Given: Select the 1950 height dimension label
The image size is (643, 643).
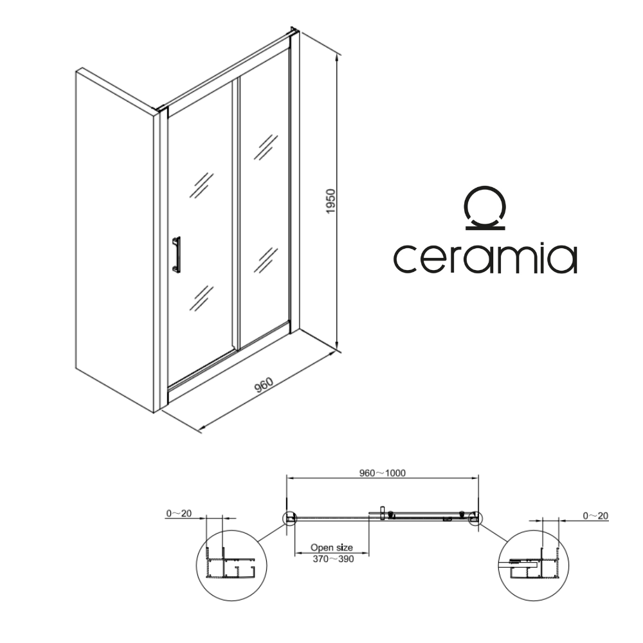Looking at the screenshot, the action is click(331, 201).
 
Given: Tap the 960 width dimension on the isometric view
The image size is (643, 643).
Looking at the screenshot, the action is click(264, 385).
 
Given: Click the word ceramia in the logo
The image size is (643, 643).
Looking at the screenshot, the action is click(485, 258).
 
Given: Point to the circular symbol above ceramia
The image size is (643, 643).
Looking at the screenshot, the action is click(485, 208).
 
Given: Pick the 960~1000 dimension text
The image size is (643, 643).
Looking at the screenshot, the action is click(383, 473).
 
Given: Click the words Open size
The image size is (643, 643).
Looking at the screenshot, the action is click(332, 547).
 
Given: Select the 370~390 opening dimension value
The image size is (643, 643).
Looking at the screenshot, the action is click(333, 559).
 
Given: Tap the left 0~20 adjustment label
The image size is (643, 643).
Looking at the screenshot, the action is click(179, 513).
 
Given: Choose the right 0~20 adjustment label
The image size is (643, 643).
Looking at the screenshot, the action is click(595, 516).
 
